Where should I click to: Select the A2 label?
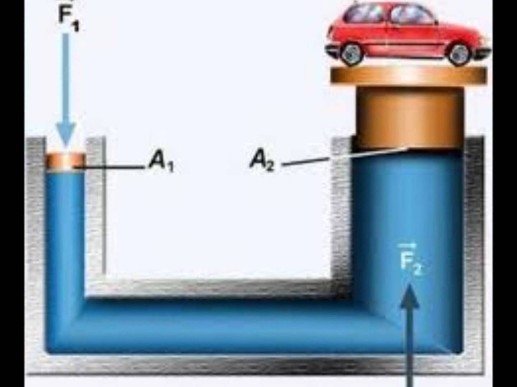(262, 160)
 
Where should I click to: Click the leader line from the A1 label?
(111, 167)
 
